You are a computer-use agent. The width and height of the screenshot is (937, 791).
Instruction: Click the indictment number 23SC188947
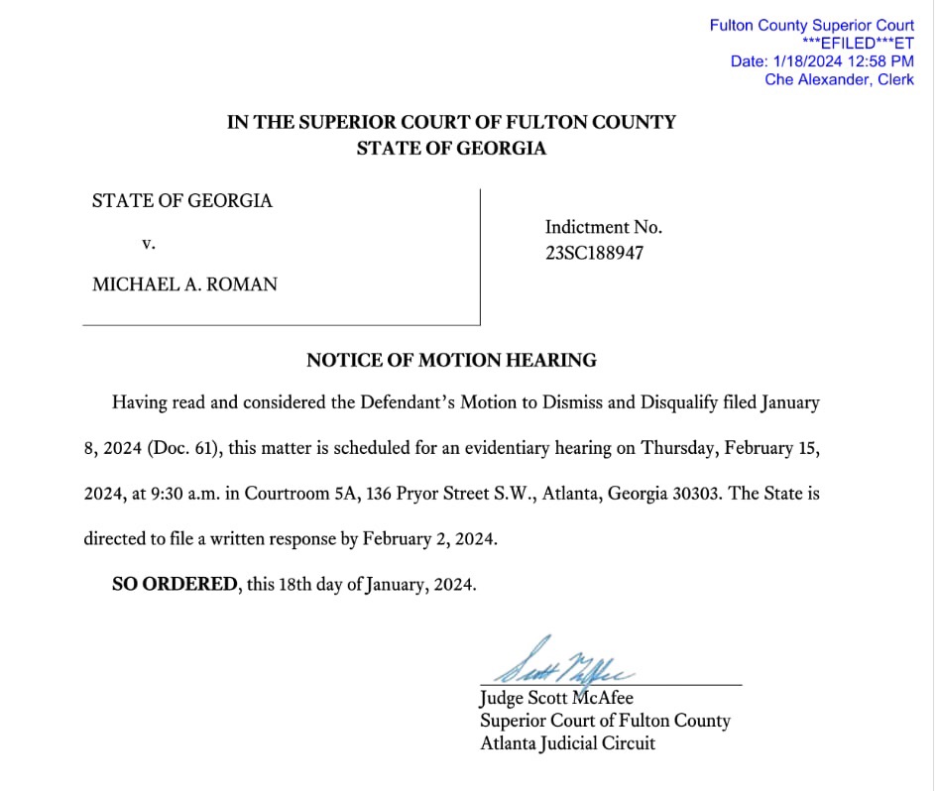tap(594, 253)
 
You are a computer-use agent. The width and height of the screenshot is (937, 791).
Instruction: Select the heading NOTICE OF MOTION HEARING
tap(451, 360)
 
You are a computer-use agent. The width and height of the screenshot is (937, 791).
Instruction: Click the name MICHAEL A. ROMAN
tap(184, 284)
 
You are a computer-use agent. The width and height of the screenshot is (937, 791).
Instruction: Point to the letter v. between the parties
tap(149, 242)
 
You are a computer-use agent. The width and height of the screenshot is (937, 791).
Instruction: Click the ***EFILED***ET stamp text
tap(858, 43)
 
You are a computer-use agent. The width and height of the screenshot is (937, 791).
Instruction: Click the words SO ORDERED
tap(175, 584)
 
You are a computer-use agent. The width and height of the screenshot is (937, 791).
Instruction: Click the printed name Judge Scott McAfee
tap(555, 698)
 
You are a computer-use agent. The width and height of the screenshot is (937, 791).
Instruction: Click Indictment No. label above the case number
tap(603, 227)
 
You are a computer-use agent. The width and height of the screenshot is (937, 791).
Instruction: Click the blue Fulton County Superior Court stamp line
tap(811, 26)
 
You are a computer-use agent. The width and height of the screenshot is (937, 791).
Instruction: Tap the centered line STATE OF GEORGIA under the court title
tap(451, 149)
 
